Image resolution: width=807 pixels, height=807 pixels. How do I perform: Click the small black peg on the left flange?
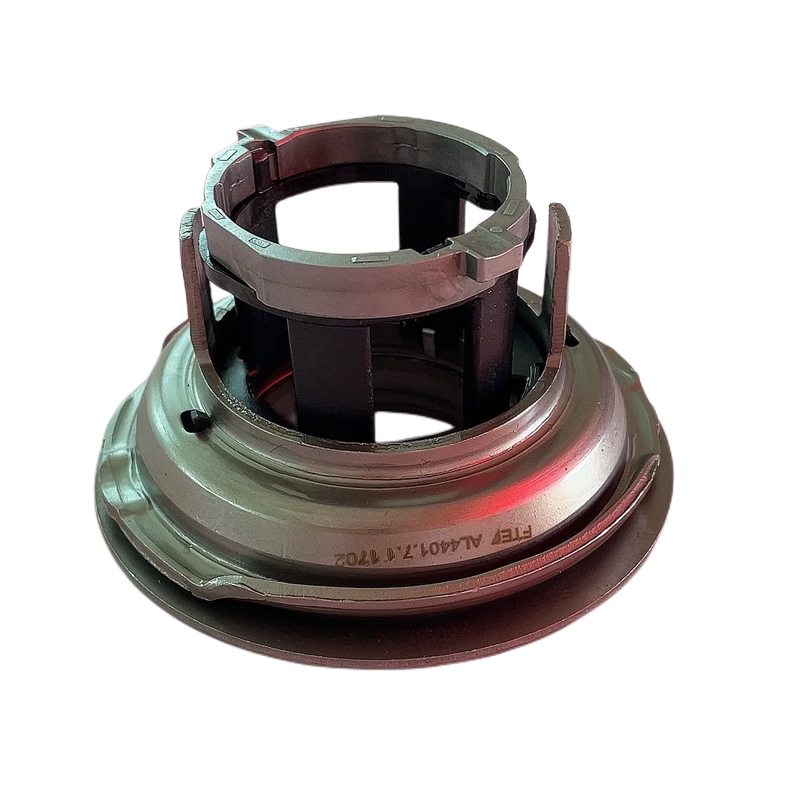point(193,420)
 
